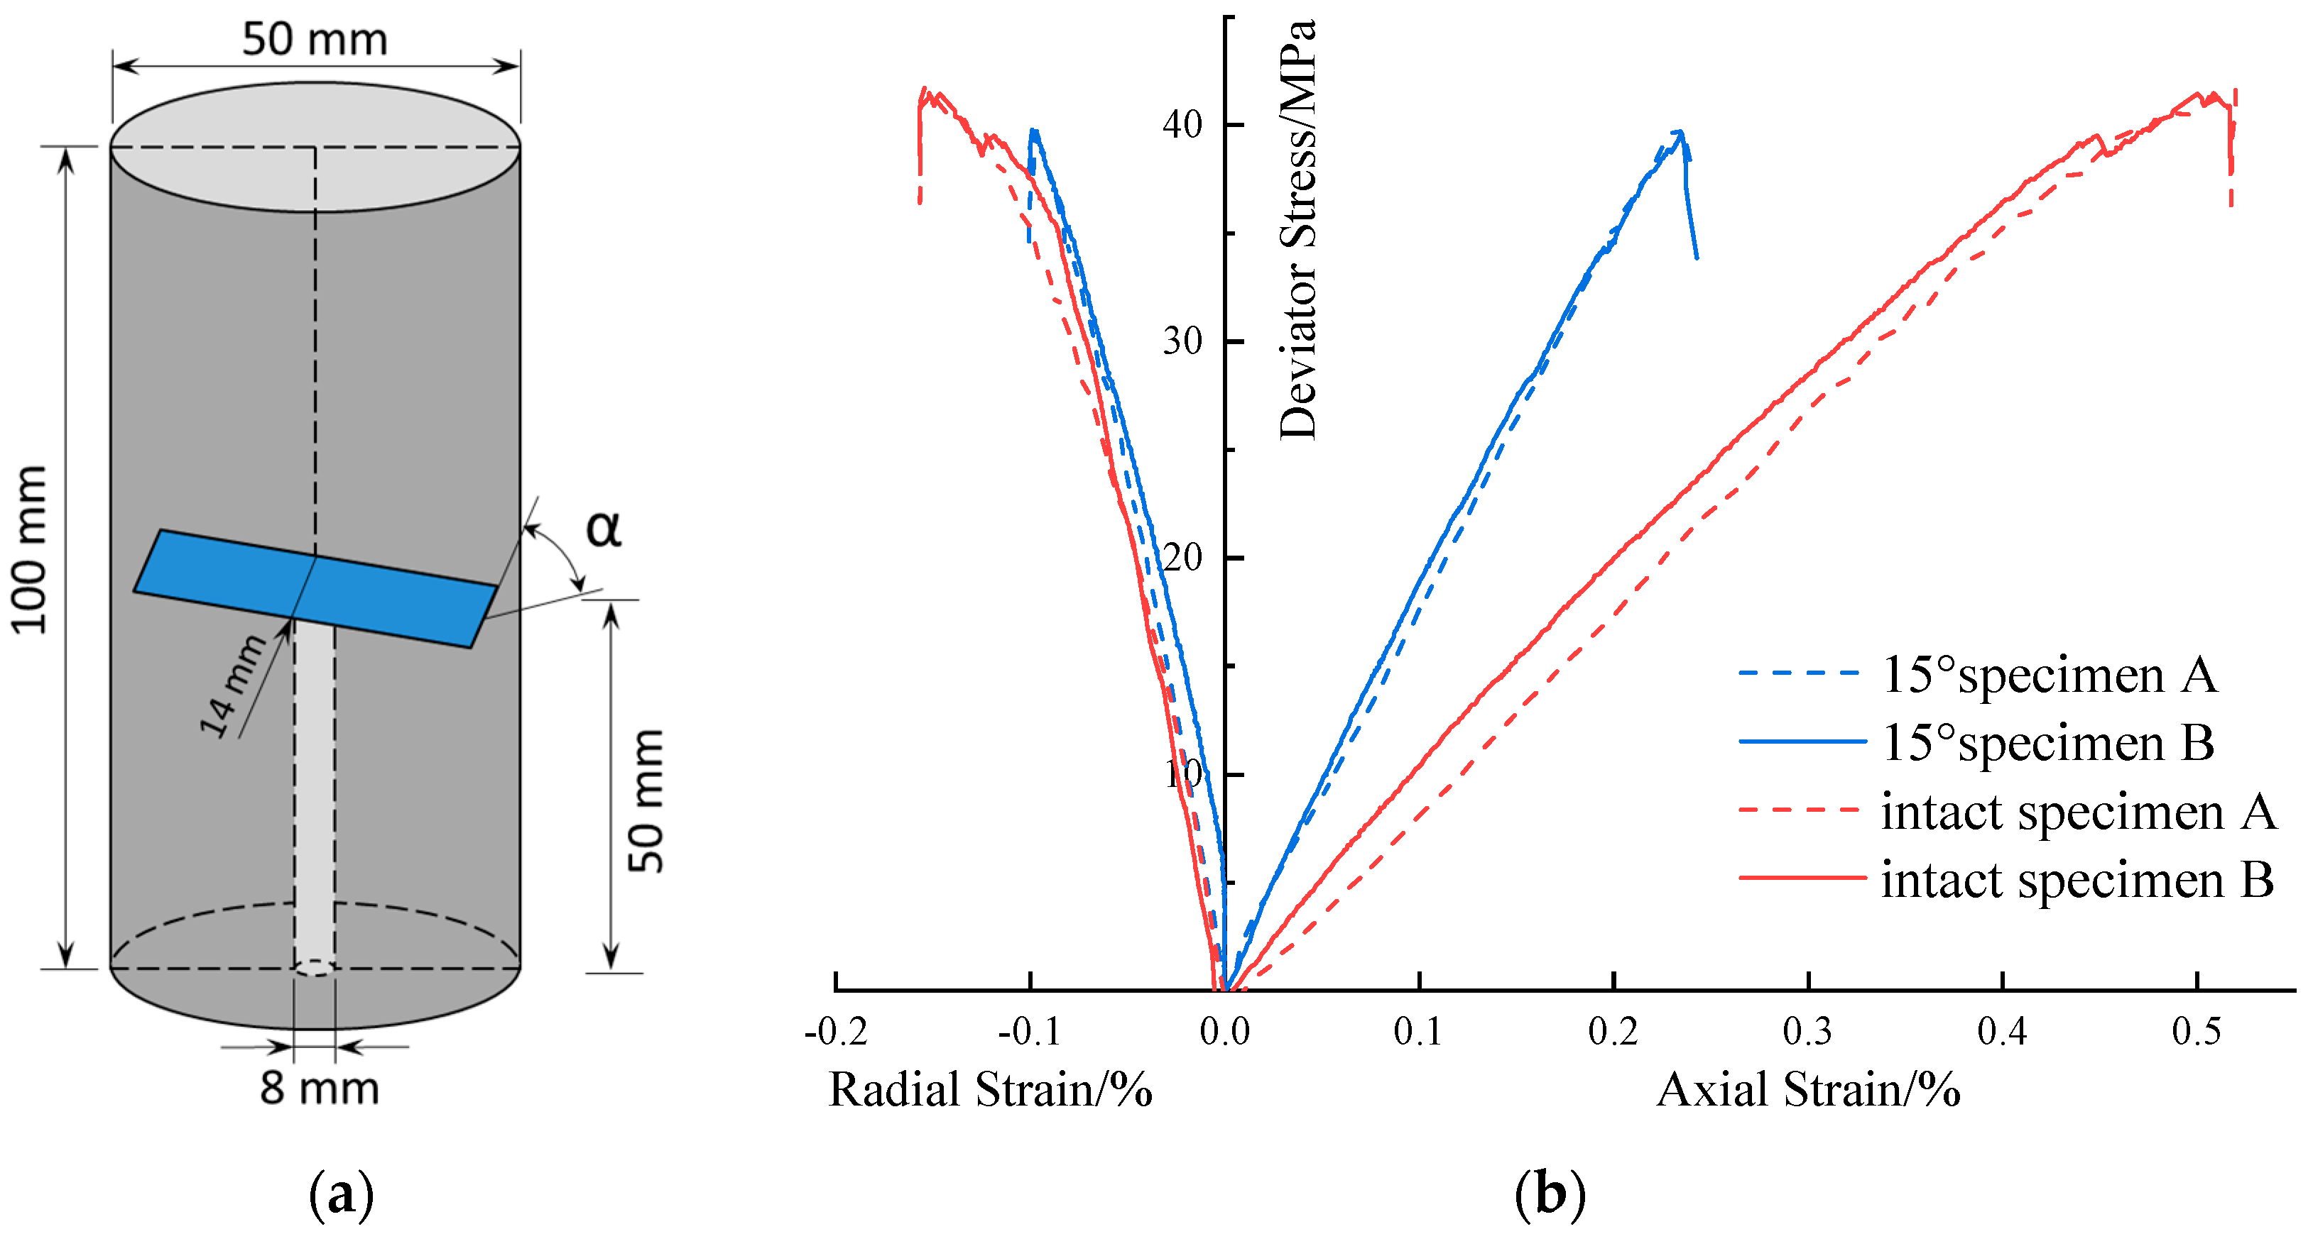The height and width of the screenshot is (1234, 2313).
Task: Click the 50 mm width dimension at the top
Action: click(315, 40)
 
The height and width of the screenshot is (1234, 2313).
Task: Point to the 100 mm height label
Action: click(30, 550)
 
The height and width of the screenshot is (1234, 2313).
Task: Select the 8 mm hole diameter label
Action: click(320, 1089)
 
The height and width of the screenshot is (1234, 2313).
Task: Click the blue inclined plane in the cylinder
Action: click(315, 588)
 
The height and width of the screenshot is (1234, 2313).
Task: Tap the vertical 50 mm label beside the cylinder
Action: click(646, 800)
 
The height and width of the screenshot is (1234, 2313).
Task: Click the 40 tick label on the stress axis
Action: click(1182, 125)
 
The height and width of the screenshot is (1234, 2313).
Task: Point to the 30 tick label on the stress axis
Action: click(1182, 342)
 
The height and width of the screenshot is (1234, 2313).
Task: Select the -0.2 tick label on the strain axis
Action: click(835, 1032)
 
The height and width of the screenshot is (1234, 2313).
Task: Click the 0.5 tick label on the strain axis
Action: click(2197, 1032)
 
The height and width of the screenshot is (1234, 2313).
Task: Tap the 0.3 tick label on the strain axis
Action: click(1807, 1032)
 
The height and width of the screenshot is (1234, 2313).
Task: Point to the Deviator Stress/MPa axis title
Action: click(1297, 229)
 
